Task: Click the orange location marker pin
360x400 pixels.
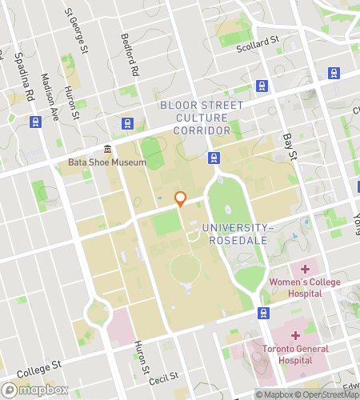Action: point(181,198)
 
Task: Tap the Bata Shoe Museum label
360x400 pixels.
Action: point(107,162)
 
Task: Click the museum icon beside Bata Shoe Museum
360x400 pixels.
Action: point(106,149)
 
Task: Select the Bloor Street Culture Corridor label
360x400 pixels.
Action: point(202,118)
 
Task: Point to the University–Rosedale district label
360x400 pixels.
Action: point(238,234)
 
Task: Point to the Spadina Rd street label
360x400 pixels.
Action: point(21,76)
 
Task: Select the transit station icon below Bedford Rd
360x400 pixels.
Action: point(126,123)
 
